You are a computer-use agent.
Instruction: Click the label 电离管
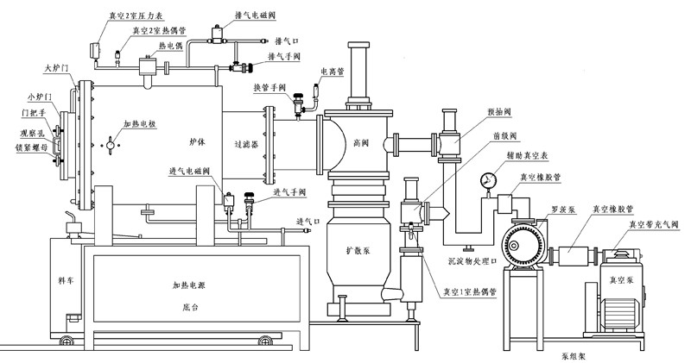pyautogui.click(x=333, y=72)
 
